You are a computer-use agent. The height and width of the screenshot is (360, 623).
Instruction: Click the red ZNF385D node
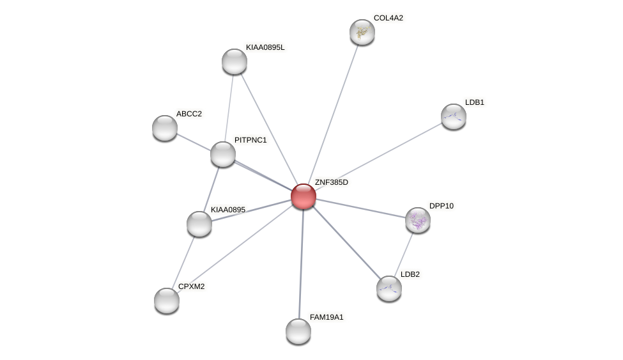(x=304, y=196)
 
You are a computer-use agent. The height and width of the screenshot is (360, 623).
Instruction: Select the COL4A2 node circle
(x=362, y=32)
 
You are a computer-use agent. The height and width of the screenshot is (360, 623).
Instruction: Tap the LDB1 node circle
(x=454, y=116)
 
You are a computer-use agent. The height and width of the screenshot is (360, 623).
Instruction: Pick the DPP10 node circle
(x=418, y=220)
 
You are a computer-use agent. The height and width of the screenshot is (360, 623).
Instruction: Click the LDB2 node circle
(x=389, y=288)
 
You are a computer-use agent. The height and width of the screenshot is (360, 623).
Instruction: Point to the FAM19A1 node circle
(x=298, y=331)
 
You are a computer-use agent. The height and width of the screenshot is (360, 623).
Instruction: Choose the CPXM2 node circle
(x=167, y=301)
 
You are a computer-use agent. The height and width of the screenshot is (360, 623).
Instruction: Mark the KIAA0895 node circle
(x=199, y=224)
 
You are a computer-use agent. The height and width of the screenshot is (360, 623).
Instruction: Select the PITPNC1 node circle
(x=223, y=154)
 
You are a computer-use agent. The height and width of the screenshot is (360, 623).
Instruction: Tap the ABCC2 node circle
(x=165, y=128)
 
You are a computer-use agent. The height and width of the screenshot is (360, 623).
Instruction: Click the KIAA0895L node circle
(x=235, y=61)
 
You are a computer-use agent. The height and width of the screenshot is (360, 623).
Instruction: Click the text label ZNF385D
(x=331, y=182)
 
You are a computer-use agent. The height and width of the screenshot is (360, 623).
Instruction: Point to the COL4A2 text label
(x=388, y=18)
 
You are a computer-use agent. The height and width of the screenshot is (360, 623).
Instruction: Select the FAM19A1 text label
(x=326, y=317)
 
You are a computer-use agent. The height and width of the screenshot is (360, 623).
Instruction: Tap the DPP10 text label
(x=441, y=206)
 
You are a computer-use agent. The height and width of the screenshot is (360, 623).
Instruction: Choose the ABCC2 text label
(x=188, y=114)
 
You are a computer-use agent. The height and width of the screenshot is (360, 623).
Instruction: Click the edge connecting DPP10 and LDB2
(x=404, y=254)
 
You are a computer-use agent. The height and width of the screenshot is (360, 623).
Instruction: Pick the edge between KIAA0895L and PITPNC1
(x=229, y=107)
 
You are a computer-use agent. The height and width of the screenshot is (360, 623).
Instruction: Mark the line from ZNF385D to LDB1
(x=378, y=157)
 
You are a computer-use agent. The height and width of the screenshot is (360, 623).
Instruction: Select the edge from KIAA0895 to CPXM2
(x=183, y=262)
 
